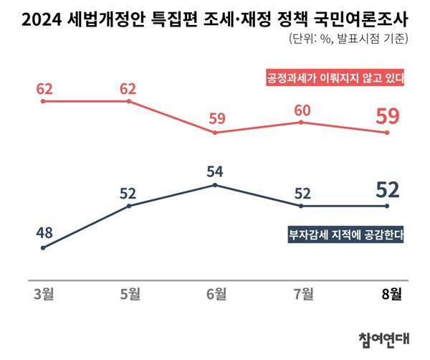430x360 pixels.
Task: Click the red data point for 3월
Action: click(x=43, y=101)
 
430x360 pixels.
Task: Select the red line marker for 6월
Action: click(x=215, y=133)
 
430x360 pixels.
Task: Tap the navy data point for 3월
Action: click(x=43, y=248)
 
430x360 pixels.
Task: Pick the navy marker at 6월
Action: click(x=215, y=185)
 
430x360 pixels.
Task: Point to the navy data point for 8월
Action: click(x=388, y=207)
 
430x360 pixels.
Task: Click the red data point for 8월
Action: click(x=388, y=133)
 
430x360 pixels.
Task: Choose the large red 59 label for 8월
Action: click(x=388, y=115)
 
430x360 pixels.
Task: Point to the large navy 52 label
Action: click(x=388, y=190)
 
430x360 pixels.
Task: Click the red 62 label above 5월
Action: click(x=129, y=90)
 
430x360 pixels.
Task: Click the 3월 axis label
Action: click(x=43, y=293)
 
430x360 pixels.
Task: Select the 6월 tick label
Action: click(x=215, y=293)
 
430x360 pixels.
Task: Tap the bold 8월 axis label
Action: click(x=388, y=293)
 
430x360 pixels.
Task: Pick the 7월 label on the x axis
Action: click(x=302, y=293)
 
